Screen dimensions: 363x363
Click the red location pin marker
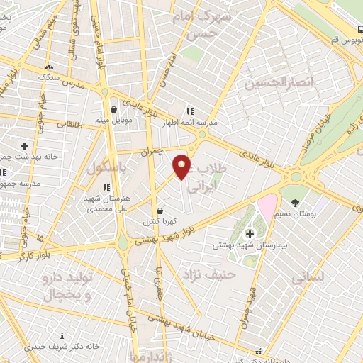click(182, 167)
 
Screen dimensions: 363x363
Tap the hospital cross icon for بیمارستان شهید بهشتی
click(249, 234)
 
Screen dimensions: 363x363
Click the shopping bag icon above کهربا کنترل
click(160, 211)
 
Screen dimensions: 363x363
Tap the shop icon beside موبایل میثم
click(113, 109)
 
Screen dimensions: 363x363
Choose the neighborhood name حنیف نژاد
click(203, 273)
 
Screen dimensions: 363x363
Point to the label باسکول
click(106, 168)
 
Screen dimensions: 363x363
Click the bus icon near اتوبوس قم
click(359, 30)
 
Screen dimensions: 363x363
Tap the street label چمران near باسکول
click(152, 150)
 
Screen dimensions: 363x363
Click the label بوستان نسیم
click(295, 213)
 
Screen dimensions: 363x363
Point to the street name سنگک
click(50, 76)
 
